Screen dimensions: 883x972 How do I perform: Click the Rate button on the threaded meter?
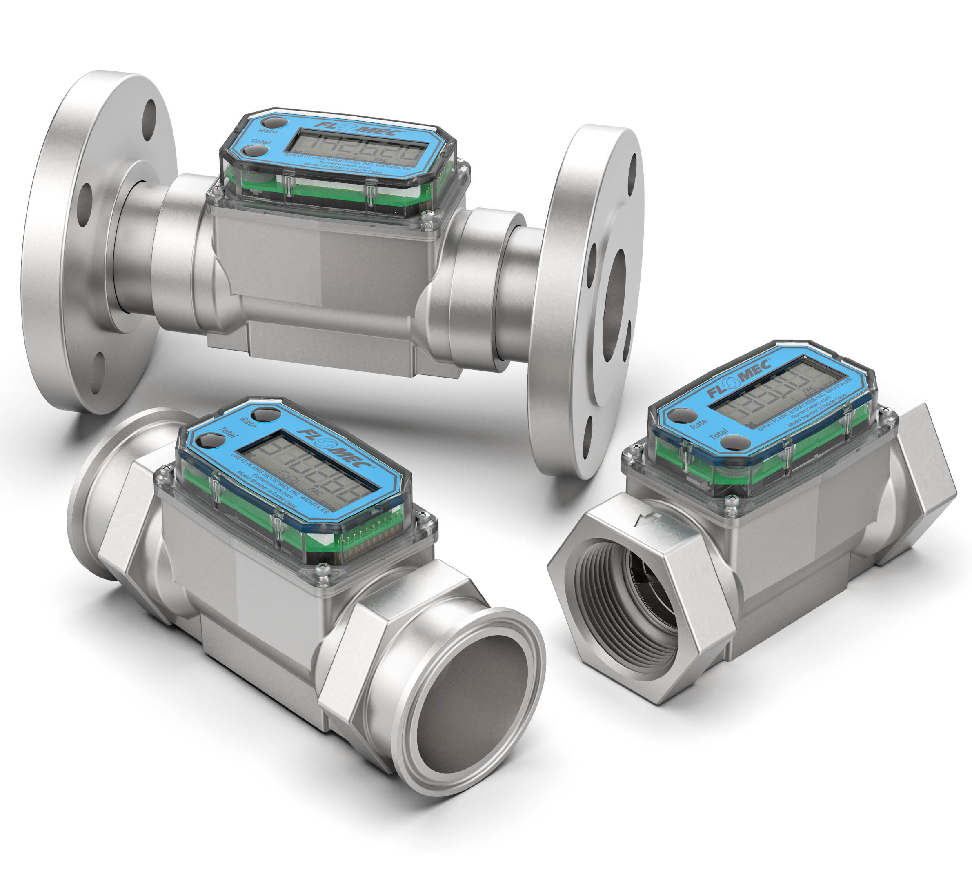click(681, 416)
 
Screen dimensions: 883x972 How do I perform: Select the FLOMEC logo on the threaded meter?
click(738, 380)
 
